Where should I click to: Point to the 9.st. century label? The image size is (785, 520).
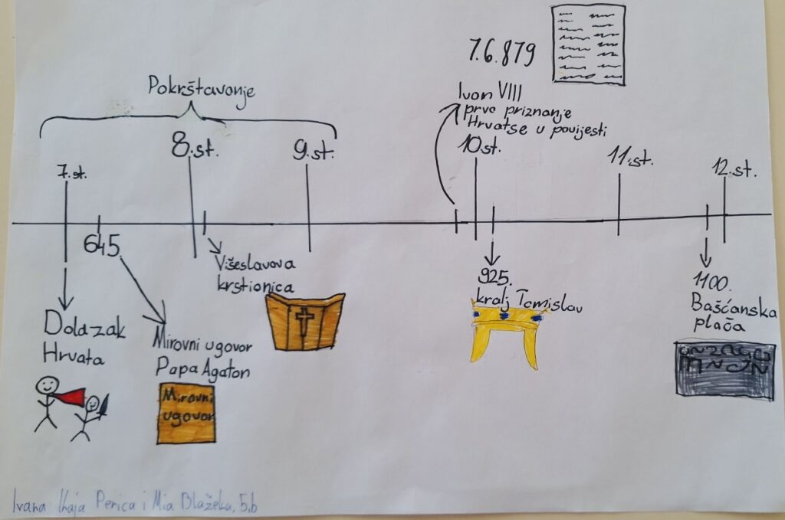[x=314, y=150]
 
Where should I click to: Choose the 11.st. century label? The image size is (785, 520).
[x=630, y=158]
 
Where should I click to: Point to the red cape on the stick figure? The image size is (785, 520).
[x=71, y=396]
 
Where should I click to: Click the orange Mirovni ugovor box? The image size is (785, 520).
[x=186, y=414]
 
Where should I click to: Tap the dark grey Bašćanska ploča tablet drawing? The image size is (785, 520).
[x=724, y=369]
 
